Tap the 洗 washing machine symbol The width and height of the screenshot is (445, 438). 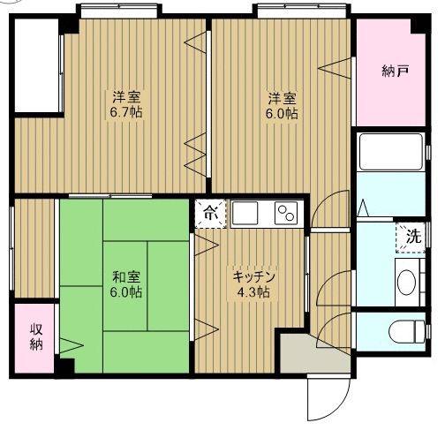(x=412, y=236)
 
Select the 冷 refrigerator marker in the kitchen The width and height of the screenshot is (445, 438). (x=209, y=211)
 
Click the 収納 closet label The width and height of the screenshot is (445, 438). (x=35, y=336)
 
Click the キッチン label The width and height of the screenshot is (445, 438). (x=254, y=276)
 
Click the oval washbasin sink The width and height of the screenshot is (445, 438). (x=406, y=283)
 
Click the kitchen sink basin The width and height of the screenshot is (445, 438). (x=245, y=213)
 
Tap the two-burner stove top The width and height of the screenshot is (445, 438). (x=287, y=213)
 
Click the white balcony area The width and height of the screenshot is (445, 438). (x=35, y=65)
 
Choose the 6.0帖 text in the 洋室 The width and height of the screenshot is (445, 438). (x=282, y=113)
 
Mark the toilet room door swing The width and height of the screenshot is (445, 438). (x=331, y=333)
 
